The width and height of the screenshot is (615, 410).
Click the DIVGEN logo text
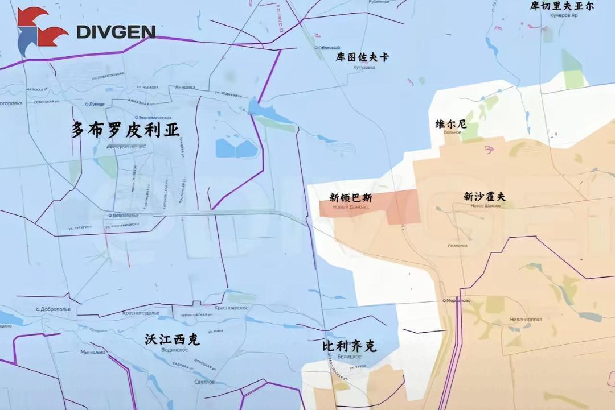116,31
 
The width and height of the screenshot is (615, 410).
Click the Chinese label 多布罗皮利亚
125,130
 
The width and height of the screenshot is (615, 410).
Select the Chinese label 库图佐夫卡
363,57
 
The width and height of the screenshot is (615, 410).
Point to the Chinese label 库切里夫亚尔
561,6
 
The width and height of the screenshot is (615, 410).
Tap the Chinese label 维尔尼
451,124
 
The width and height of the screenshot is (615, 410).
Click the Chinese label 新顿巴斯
351,198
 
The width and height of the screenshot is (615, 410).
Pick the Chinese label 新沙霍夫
485,197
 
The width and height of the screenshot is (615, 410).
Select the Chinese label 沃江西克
171,340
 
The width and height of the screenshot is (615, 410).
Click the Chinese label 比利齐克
350,346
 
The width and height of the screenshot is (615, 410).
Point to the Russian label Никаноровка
526,319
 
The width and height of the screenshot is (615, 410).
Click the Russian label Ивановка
457,246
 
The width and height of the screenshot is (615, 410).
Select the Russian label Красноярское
231,308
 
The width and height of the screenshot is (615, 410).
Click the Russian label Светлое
204,382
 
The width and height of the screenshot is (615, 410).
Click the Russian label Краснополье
141,313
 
